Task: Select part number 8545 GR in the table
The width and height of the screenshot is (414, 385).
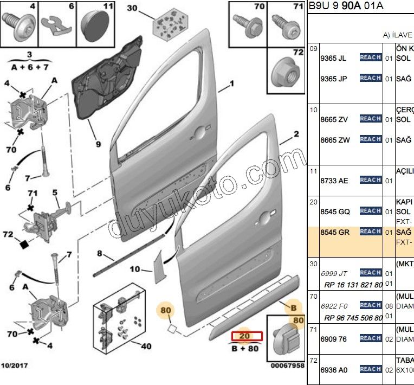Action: tap(334, 232)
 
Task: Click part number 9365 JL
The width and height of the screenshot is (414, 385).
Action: tap(333, 58)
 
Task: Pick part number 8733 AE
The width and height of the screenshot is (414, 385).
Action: tap(334, 181)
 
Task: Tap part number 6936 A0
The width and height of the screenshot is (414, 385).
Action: tap(334, 370)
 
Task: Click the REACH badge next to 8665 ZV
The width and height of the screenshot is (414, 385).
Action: tap(371, 119)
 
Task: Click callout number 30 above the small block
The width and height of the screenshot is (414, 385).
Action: tap(133, 8)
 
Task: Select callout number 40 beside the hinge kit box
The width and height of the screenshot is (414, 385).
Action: tap(146, 347)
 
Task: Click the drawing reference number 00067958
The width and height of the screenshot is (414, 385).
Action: tap(288, 366)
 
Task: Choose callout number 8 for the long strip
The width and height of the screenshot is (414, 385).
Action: tap(100, 253)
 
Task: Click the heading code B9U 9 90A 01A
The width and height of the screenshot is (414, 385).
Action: tap(346, 6)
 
